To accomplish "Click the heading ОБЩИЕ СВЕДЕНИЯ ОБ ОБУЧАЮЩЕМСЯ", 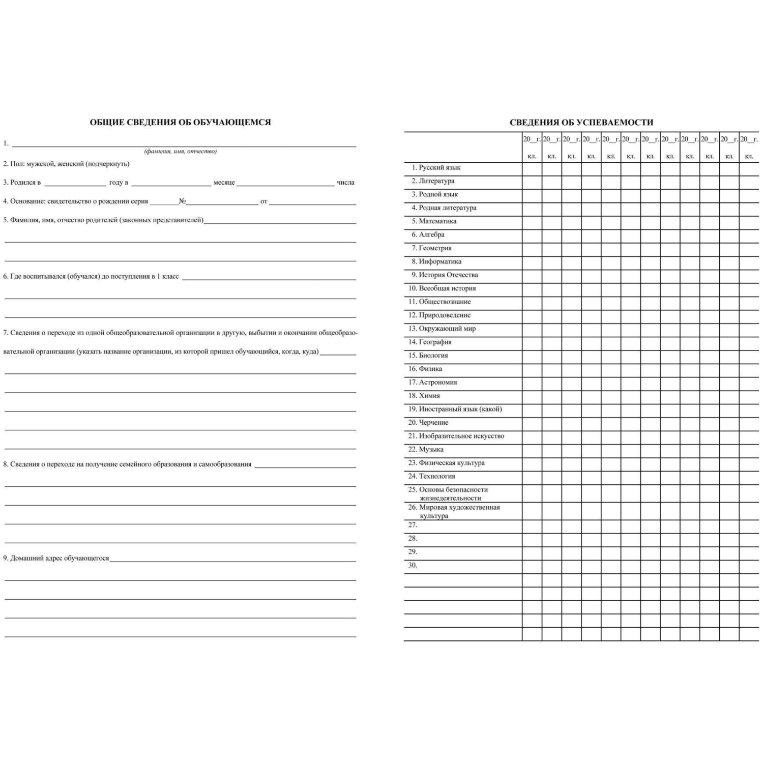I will pyautogui.click(x=180, y=122).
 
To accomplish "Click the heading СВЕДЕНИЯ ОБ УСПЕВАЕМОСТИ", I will pyautogui.click(x=581, y=122).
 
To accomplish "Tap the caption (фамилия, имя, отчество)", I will pyautogui.click(x=181, y=151).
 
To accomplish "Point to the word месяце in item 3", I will pyautogui.click(x=224, y=183).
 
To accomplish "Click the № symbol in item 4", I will pyautogui.click(x=182, y=201).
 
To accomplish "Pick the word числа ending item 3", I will pyautogui.click(x=345, y=183).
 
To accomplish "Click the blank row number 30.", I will pyautogui.click(x=413, y=565).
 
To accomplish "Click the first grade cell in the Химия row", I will pyautogui.click(x=532, y=397).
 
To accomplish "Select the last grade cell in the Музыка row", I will pyautogui.click(x=749, y=450).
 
